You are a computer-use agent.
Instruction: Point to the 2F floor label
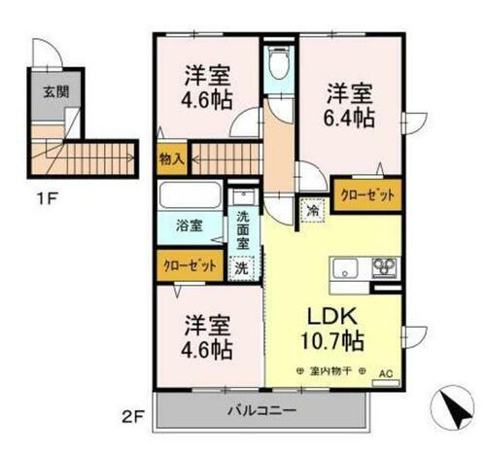tap(133, 419)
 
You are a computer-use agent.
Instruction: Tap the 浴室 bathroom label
tap(189, 227)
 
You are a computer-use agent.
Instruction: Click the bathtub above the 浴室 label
tap(191, 198)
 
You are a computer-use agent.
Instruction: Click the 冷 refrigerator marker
tap(313, 207)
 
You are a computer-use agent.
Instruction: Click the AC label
tap(386, 371)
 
